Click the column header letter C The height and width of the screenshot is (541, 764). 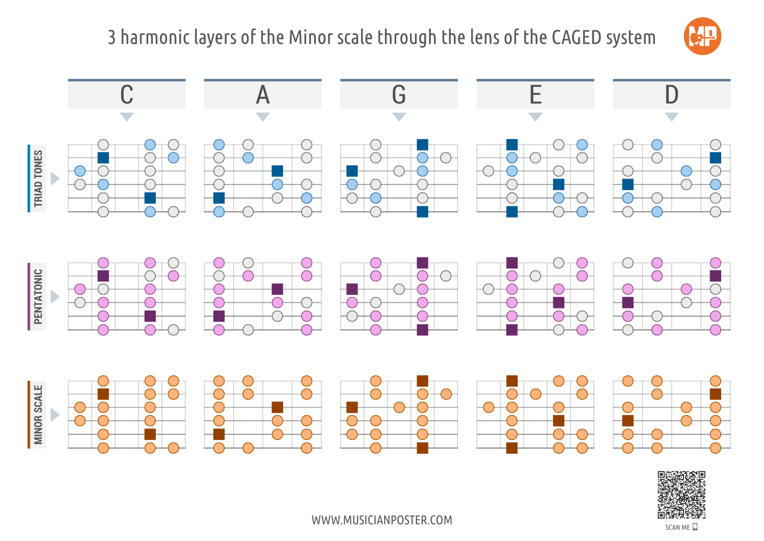(x=127, y=95)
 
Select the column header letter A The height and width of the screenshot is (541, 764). (x=263, y=95)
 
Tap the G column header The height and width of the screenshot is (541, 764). (x=399, y=95)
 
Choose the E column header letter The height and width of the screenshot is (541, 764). (x=535, y=95)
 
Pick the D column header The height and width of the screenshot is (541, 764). (x=671, y=95)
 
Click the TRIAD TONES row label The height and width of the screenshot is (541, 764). (x=38, y=178)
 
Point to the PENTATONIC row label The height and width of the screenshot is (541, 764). (x=38, y=297)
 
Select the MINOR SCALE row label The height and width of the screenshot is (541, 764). (x=38, y=415)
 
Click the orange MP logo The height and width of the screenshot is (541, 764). (x=702, y=36)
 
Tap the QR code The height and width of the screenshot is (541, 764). (x=681, y=495)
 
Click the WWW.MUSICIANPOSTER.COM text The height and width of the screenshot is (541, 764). (x=382, y=520)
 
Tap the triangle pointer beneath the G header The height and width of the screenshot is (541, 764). (x=399, y=117)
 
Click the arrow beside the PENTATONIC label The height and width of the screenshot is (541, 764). (x=55, y=297)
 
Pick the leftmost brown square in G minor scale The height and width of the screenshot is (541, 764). (x=352, y=407)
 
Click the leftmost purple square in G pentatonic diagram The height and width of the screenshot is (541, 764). (x=352, y=289)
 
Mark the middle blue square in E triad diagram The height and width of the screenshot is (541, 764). (x=559, y=184)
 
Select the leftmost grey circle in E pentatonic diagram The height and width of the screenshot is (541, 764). (x=488, y=289)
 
